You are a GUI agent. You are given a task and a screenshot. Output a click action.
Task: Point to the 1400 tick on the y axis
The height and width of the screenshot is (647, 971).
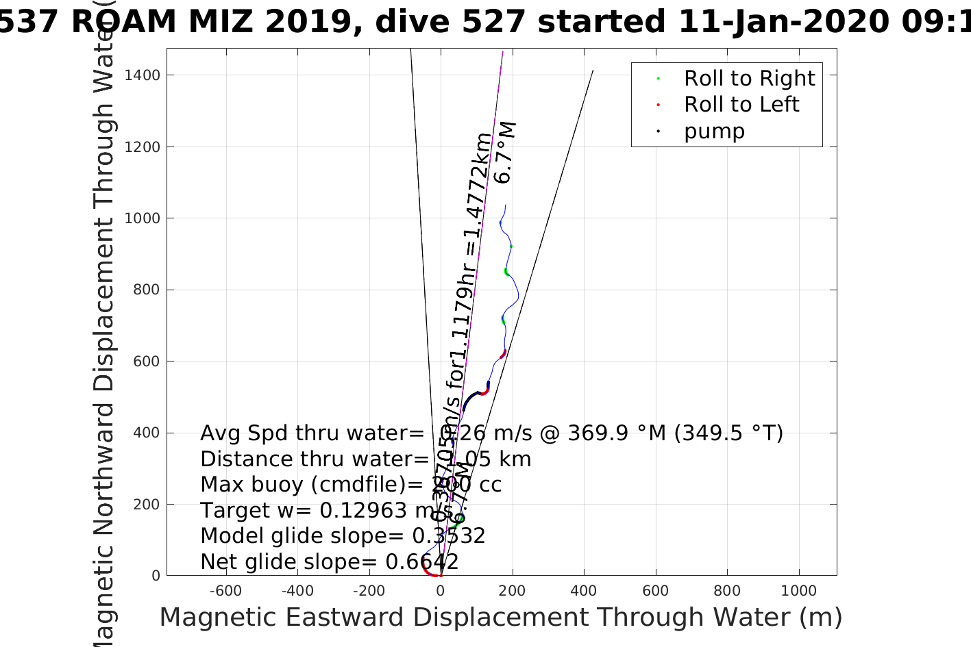(x=142, y=75)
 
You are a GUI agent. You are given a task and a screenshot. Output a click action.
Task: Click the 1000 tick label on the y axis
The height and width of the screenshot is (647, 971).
(x=142, y=218)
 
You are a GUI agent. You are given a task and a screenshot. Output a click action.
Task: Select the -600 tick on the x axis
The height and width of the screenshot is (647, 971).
(x=225, y=591)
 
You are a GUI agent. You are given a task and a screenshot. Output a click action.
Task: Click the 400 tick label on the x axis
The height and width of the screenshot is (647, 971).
(x=584, y=591)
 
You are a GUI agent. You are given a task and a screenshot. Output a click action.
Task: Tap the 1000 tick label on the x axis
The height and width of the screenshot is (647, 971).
(x=799, y=591)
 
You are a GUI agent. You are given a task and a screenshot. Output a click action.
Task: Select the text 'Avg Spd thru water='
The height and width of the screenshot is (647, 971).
(x=312, y=433)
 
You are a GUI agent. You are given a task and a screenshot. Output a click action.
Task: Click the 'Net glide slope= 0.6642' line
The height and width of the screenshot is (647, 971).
(x=330, y=562)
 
